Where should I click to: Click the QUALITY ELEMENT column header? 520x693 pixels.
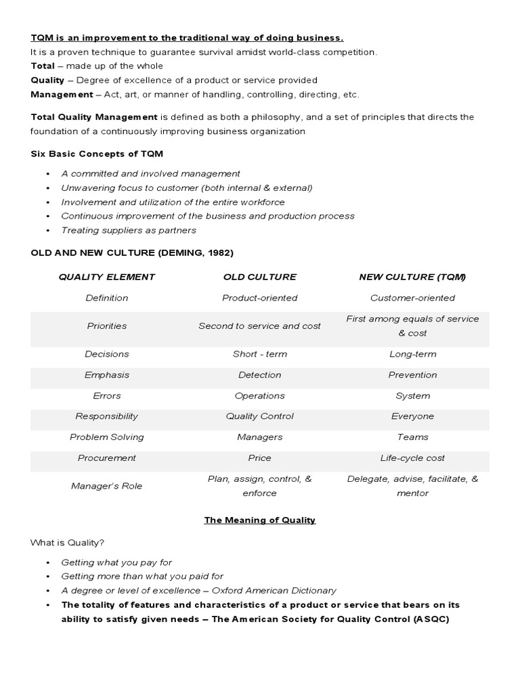[107, 277]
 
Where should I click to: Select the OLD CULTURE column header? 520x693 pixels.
[259, 277]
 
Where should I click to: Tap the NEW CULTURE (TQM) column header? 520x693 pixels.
[412, 277]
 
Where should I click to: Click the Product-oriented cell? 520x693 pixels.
[259, 298]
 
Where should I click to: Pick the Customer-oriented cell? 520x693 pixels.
[412, 298]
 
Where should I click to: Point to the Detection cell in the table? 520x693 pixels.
[259, 375]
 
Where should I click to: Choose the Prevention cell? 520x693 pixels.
[412, 375]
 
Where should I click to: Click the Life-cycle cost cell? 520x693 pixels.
[412, 458]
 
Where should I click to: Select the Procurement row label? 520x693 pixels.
[107, 458]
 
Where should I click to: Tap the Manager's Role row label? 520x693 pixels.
[107, 486]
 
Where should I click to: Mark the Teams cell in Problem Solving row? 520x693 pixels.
[412, 437]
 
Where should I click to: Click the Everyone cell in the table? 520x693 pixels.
[412, 416]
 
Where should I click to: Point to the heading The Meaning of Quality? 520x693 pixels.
[260, 520]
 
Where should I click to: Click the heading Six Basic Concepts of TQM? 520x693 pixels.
[97, 154]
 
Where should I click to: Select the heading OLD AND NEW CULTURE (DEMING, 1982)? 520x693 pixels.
[131, 253]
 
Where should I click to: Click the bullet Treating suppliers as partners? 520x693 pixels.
[129, 230]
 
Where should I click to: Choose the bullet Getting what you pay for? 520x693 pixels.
[116, 562]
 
